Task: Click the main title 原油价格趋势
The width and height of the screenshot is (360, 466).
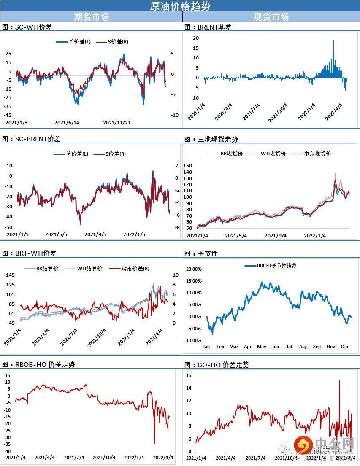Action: coord(180,6)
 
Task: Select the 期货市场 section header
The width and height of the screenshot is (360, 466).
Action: coord(91,17)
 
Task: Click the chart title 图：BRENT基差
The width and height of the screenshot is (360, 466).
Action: coord(208,27)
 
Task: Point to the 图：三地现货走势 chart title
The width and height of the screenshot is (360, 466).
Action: coord(211,139)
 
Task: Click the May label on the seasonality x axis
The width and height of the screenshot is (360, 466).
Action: coord(262,347)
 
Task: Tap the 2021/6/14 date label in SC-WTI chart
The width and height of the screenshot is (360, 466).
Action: coord(67,123)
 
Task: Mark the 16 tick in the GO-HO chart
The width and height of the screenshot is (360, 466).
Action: coord(189,375)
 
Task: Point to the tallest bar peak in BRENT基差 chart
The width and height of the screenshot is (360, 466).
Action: coord(333,41)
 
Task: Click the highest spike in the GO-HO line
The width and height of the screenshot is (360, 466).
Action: coord(340,380)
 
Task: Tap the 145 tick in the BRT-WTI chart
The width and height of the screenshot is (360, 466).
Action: coord(9,275)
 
